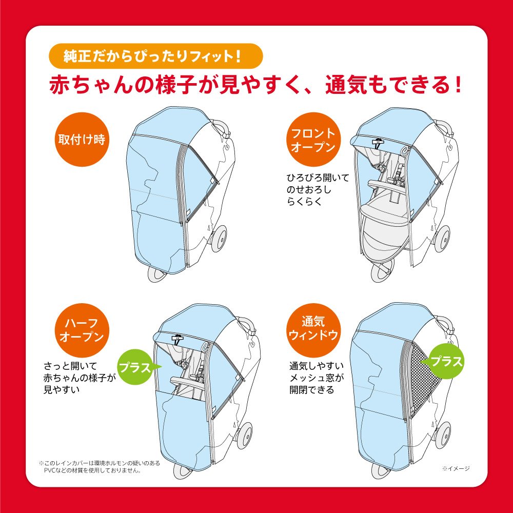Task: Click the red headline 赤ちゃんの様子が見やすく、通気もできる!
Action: (255, 85)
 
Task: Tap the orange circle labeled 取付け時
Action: (81, 140)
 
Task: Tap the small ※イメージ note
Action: (455, 468)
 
